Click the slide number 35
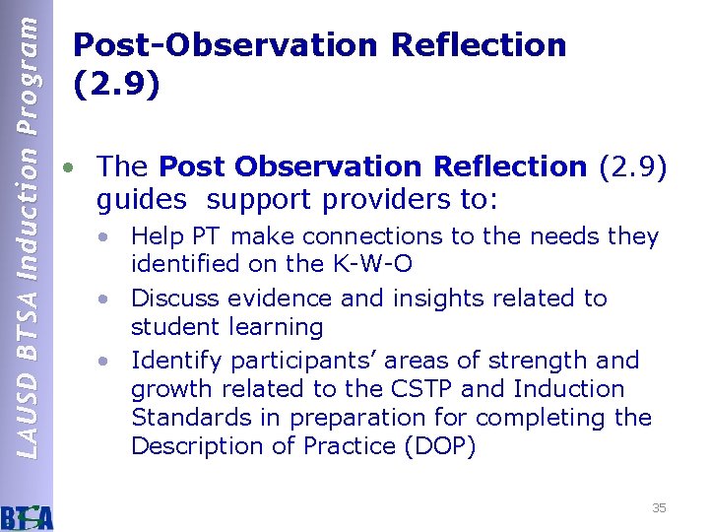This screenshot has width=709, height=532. [659, 507]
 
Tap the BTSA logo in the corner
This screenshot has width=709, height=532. [28, 515]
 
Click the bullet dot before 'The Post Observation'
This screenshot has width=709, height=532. [66, 167]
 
